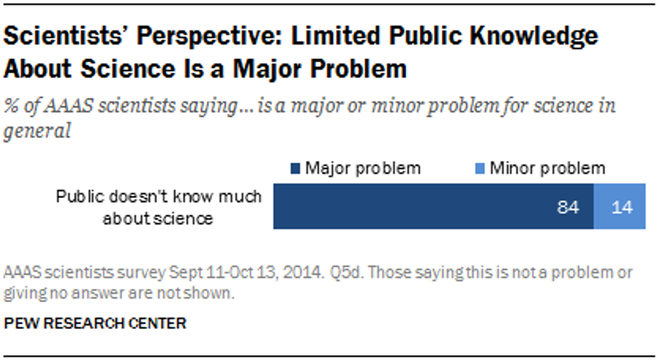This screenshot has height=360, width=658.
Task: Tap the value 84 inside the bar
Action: tap(568, 208)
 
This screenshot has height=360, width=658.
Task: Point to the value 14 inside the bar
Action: tap(622, 208)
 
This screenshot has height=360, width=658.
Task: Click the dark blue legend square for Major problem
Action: tap(295, 168)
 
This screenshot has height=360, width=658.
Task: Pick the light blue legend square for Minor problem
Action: tap(481, 168)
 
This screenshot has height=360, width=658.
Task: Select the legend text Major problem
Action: tap(363, 168)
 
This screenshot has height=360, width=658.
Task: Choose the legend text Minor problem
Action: tap(547, 168)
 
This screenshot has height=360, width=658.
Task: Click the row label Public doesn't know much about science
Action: tap(158, 208)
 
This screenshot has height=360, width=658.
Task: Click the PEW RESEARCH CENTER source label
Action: tap(95, 324)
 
